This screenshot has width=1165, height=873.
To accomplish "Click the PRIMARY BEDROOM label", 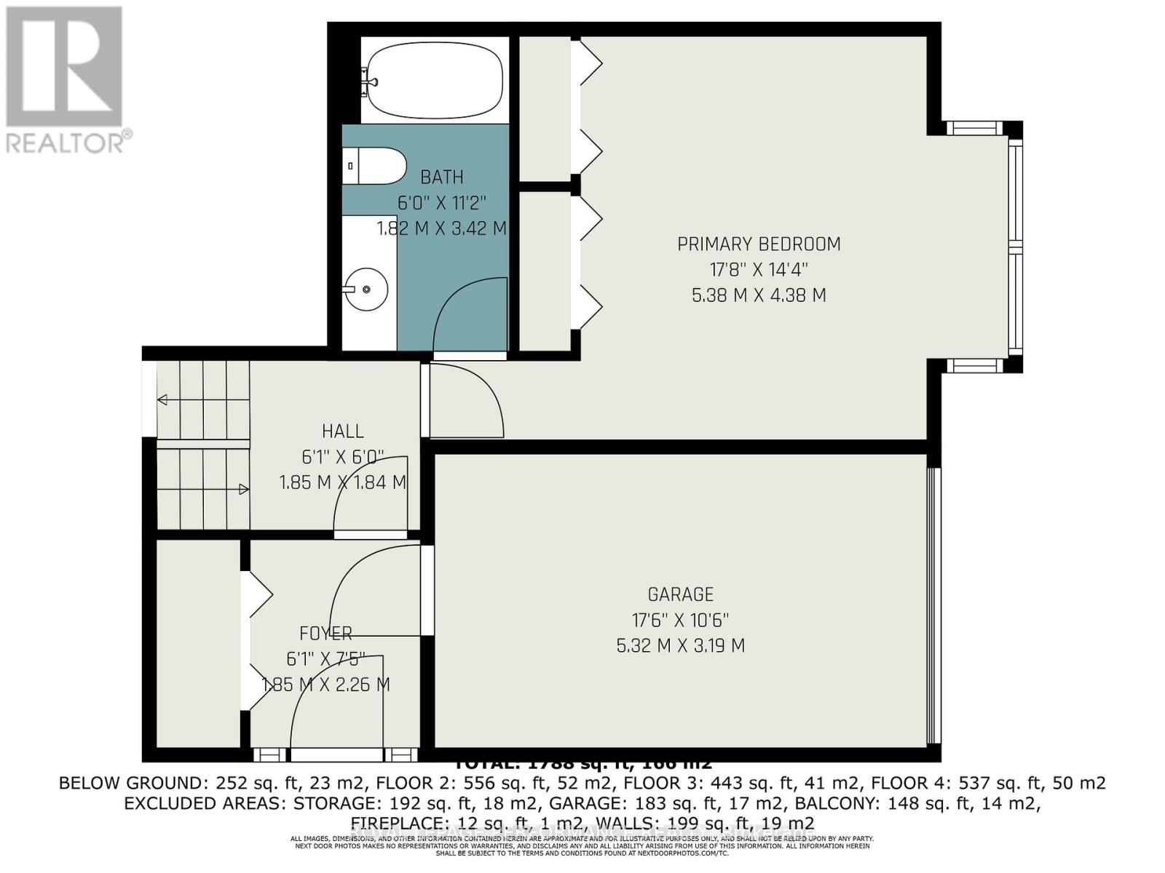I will pos(759,244).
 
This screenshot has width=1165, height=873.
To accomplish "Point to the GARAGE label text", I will pos(680,594).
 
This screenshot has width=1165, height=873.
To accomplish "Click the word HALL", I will pos(343,431).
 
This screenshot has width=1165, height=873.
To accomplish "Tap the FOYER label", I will pos(325,633).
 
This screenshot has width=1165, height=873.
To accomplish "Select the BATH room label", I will pos(441,177).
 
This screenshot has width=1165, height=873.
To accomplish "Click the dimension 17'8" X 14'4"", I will pos(759,270).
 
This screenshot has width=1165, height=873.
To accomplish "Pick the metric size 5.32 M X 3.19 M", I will pos(680,646).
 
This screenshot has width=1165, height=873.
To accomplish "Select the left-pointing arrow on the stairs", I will pos(162,400).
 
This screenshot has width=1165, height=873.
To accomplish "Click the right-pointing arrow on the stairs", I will pos(244,490).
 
